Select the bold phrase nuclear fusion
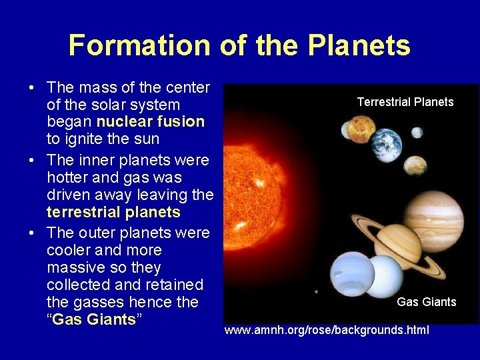click(151, 121)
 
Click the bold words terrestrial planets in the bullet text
click(113, 212)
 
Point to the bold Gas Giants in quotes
click(94, 319)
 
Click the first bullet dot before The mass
click(31, 88)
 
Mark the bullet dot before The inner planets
click(31, 161)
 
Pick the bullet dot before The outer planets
click(31, 233)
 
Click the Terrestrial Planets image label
click(405, 102)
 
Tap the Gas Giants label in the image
click(426, 302)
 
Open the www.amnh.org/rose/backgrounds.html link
click(327, 330)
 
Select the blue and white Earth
click(386, 145)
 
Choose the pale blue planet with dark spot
click(351, 274)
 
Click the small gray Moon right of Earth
click(417, 132)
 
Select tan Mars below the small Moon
click(415, 164)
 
